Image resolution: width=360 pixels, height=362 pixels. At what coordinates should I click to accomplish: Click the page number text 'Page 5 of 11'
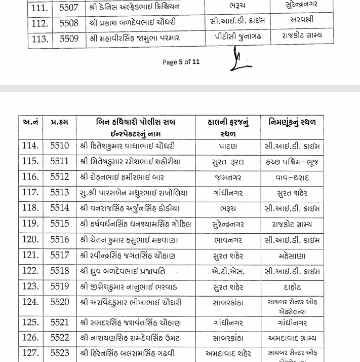point(181,62)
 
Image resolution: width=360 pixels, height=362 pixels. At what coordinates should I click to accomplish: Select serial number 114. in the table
point(31,146)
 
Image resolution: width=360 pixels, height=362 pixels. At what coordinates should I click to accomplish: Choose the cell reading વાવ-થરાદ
point(293,177)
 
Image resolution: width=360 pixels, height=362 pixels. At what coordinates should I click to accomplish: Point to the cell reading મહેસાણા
point(293,256)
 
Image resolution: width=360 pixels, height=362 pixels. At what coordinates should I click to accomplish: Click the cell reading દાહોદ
point(293,287)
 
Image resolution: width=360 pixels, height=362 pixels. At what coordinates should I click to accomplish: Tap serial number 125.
point(31,323)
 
